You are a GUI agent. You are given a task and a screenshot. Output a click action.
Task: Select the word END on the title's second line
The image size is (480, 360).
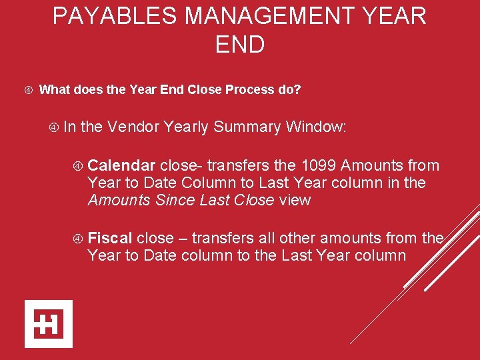pyautogui.click(x=240, y=45)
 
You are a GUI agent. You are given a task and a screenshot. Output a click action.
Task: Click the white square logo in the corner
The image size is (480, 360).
pyautogui.click(x=49, y=323)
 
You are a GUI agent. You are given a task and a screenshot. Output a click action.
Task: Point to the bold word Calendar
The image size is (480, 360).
pyautogui.click(x=122, y=165)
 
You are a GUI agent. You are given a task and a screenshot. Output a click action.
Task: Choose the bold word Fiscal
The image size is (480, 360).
pyautogui.click(x=110, y=238)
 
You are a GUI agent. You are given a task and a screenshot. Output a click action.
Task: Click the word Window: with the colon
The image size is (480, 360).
pyautogui.click(x=316, y=127)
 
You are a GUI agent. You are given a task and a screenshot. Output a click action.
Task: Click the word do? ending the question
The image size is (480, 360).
pyautogui.click(x=289, y=89)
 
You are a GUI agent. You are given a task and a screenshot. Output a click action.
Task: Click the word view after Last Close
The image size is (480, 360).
pyautogui.click(x=295, y=200)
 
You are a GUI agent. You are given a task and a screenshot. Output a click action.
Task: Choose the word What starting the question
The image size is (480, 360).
pyautogui.click(x=55, y=89)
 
